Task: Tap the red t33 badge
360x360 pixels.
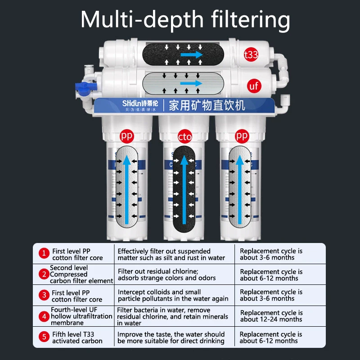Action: [x=251, y=55]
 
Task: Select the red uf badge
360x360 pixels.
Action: [x=254, y=85]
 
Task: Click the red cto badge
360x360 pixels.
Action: [x=185, y=136]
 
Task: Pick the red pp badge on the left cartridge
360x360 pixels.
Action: [x=126, y=135]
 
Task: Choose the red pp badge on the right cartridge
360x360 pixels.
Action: [x=242, y=135]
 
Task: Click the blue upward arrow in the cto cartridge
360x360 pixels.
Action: [x=184, y=189]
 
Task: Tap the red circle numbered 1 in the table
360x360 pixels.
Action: [x=44, y=253]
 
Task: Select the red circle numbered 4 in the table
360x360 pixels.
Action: [x=44, y=316]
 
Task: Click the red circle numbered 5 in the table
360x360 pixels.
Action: [x=44, y=337]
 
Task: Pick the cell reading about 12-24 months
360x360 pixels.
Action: [x=271, y=316]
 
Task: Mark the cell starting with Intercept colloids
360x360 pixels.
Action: [x=173, y=295]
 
